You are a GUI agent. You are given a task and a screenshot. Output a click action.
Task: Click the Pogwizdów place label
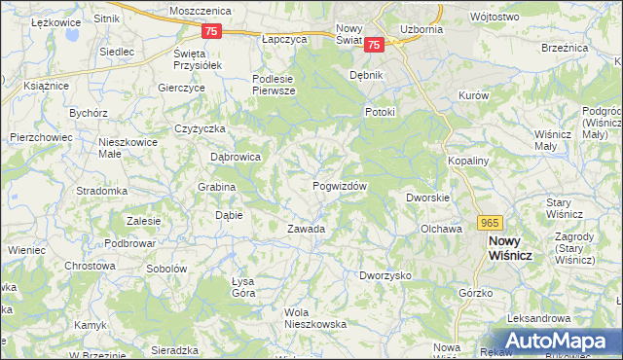(x=340, y=186)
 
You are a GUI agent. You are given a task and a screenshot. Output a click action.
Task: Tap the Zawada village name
(x=305, y=230)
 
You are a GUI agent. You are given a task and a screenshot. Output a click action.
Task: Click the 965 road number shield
(x=490, y=223)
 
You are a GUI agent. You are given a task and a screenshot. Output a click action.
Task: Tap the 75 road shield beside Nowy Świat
(x=377, y=44)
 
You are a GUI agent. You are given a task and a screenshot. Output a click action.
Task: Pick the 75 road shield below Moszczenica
(x=213, y=31)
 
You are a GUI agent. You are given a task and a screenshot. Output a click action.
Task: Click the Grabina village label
(x=217, y=187)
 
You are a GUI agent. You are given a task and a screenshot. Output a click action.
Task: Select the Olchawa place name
(x=440, y=230)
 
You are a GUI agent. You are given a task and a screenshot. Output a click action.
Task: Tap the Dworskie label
(x=427, y=198)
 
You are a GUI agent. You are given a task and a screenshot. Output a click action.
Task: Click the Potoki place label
(x=380, y=112)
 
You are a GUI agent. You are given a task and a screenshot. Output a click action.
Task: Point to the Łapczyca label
(x=284, y=40)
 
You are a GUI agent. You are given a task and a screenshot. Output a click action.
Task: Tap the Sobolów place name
(x=165, y=268)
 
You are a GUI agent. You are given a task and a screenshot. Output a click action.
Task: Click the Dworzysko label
(x=385, y=276)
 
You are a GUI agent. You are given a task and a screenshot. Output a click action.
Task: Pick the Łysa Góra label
(x=242, y=287)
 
